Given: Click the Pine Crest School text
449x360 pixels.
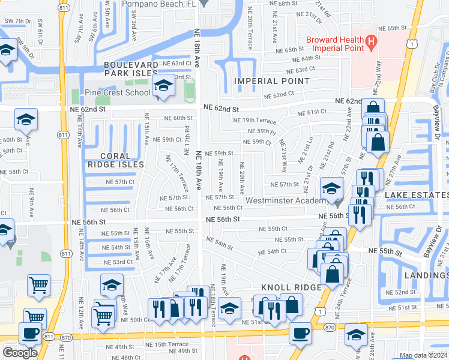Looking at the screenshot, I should tap(118, 93).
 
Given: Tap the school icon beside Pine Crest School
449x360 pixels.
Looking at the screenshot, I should tap(162, 86).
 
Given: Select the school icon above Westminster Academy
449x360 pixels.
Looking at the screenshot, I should tap(331, 188).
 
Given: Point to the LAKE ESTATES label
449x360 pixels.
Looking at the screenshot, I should tap(416, 195).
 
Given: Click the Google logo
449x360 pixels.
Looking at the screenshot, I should tap(20, 352).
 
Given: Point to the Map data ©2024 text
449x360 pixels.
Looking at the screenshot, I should tap(423, 356).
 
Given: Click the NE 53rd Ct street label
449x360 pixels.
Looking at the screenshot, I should tap(117, 262).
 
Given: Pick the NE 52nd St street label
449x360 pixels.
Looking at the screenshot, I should tap(401, 292).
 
